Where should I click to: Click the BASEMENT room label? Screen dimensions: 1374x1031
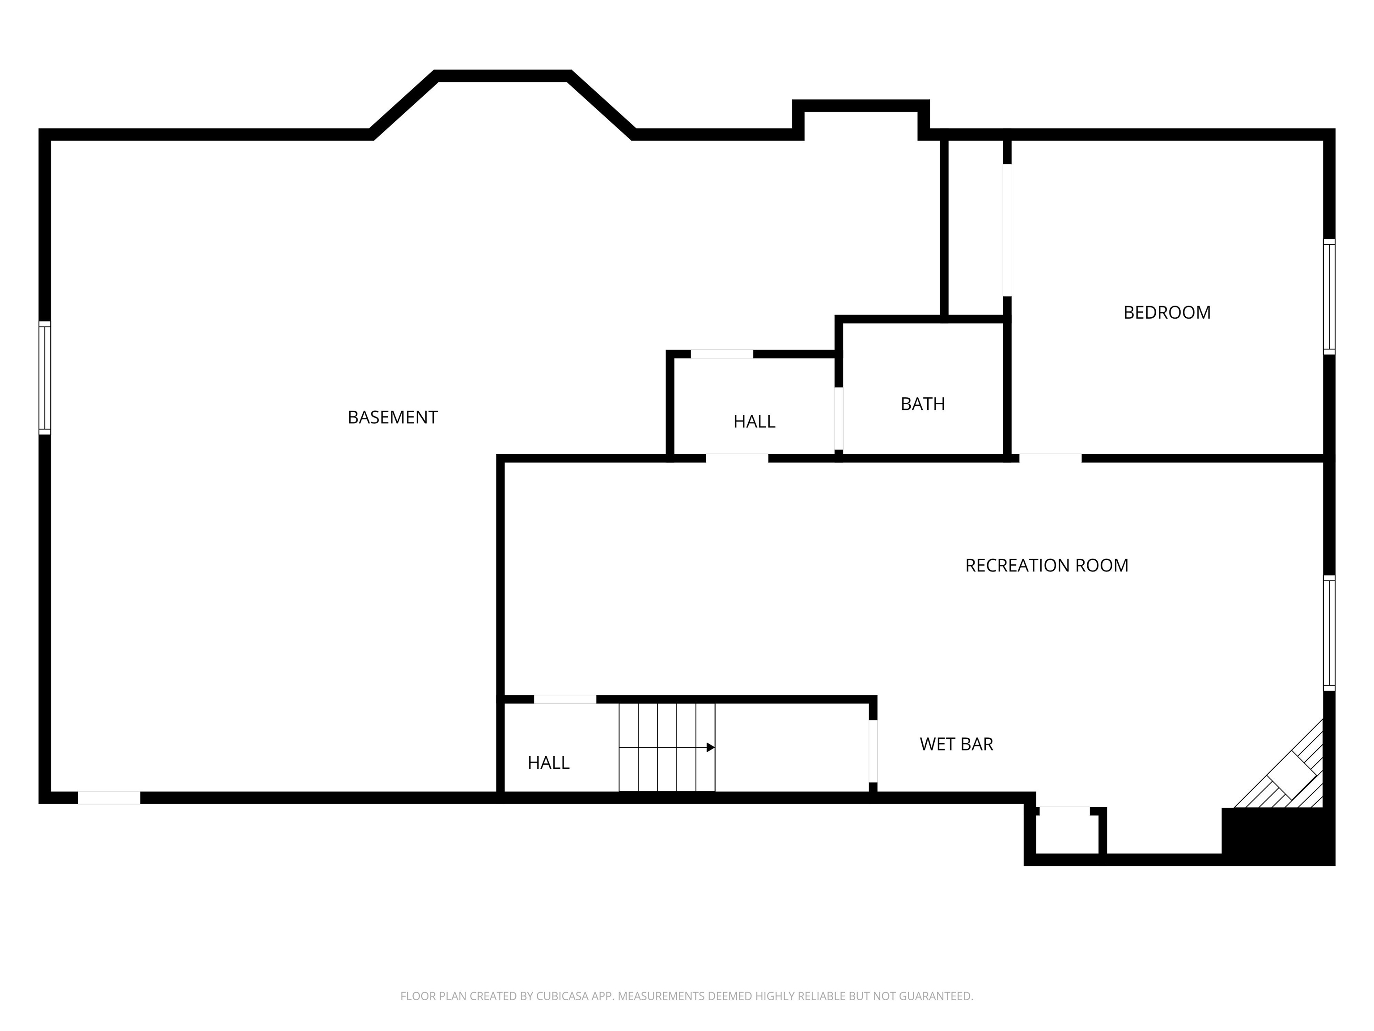(393, 417)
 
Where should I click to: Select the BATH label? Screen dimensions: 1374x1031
(923, 404)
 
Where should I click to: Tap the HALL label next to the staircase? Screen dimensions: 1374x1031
(548, 763)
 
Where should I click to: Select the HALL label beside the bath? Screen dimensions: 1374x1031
(754, 422)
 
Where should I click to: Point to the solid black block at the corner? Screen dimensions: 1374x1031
(1278, 836)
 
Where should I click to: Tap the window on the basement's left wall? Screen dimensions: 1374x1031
(45, 378)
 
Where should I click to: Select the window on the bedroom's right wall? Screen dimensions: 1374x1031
(1329, 297)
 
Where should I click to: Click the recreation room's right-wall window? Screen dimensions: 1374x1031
(1329, 633)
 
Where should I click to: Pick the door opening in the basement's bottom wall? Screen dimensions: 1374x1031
(109, 797)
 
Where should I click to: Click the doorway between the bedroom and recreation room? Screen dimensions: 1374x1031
(1050, 458)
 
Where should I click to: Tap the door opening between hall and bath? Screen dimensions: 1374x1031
(839, 418)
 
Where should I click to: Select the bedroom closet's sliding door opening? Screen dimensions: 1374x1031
(1007, 230)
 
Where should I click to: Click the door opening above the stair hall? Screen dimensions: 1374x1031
(565, 699)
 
